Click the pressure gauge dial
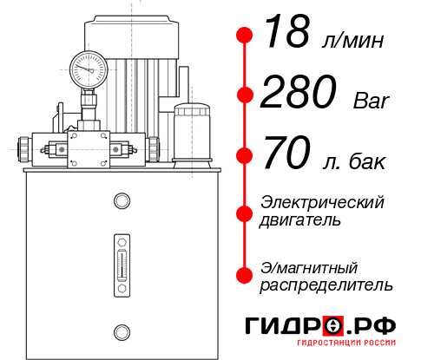tap(89, 69)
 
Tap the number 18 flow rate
tap(286, 32)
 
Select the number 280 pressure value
tap(299, 91)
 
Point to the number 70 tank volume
tap(286, 152)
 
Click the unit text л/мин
tap(353, 41)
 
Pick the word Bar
tap(372, 101)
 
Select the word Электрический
tap(322, 202)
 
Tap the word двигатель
tap(300, 219)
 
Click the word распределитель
tap(326, 285)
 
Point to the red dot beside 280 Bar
tap(245, 95)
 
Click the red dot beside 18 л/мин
tap(245, 36)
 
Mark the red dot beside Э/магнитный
tap(245, 275)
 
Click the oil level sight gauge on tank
tap(122, 265)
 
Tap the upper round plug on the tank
tap(122, 200)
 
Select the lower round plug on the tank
tap(122, 332)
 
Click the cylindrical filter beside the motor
tap(192, 135)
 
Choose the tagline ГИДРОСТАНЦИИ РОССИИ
tap(346, 343)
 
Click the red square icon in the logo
tap(333, 325)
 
